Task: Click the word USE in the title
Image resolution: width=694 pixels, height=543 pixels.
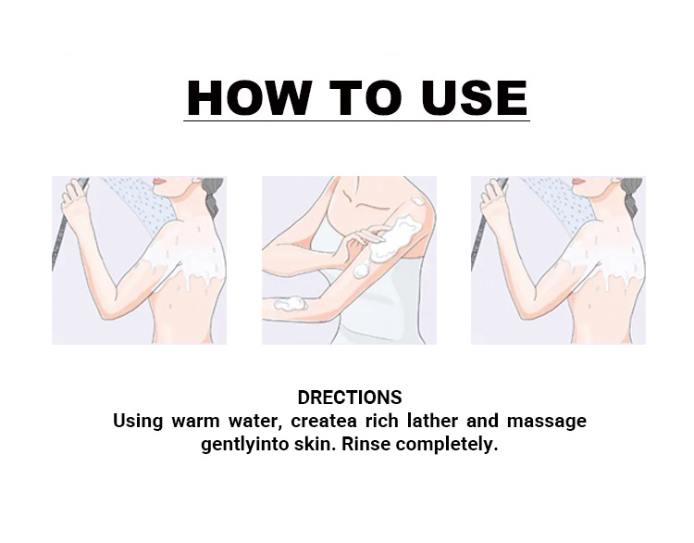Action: coord(474,97)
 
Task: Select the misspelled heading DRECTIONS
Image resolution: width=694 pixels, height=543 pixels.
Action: coord(350,398)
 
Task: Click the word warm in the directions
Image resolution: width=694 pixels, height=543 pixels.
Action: coord(195,421)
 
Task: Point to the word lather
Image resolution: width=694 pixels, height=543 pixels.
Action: coord(432,420)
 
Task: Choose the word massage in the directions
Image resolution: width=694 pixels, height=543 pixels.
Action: coord(547,422)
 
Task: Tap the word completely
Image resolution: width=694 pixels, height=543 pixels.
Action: coord(447,445)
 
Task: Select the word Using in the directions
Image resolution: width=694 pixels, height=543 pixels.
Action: coord(138,422)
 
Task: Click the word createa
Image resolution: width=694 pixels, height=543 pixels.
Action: coord(324,421)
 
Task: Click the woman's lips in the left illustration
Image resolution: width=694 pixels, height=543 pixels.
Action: coord(159,182)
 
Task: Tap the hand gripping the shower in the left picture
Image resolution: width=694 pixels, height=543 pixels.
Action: coord(73,195)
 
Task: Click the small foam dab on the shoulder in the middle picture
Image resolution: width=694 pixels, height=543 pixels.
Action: coord(417,202)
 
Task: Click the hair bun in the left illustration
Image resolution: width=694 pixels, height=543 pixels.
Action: coord(215,195)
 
